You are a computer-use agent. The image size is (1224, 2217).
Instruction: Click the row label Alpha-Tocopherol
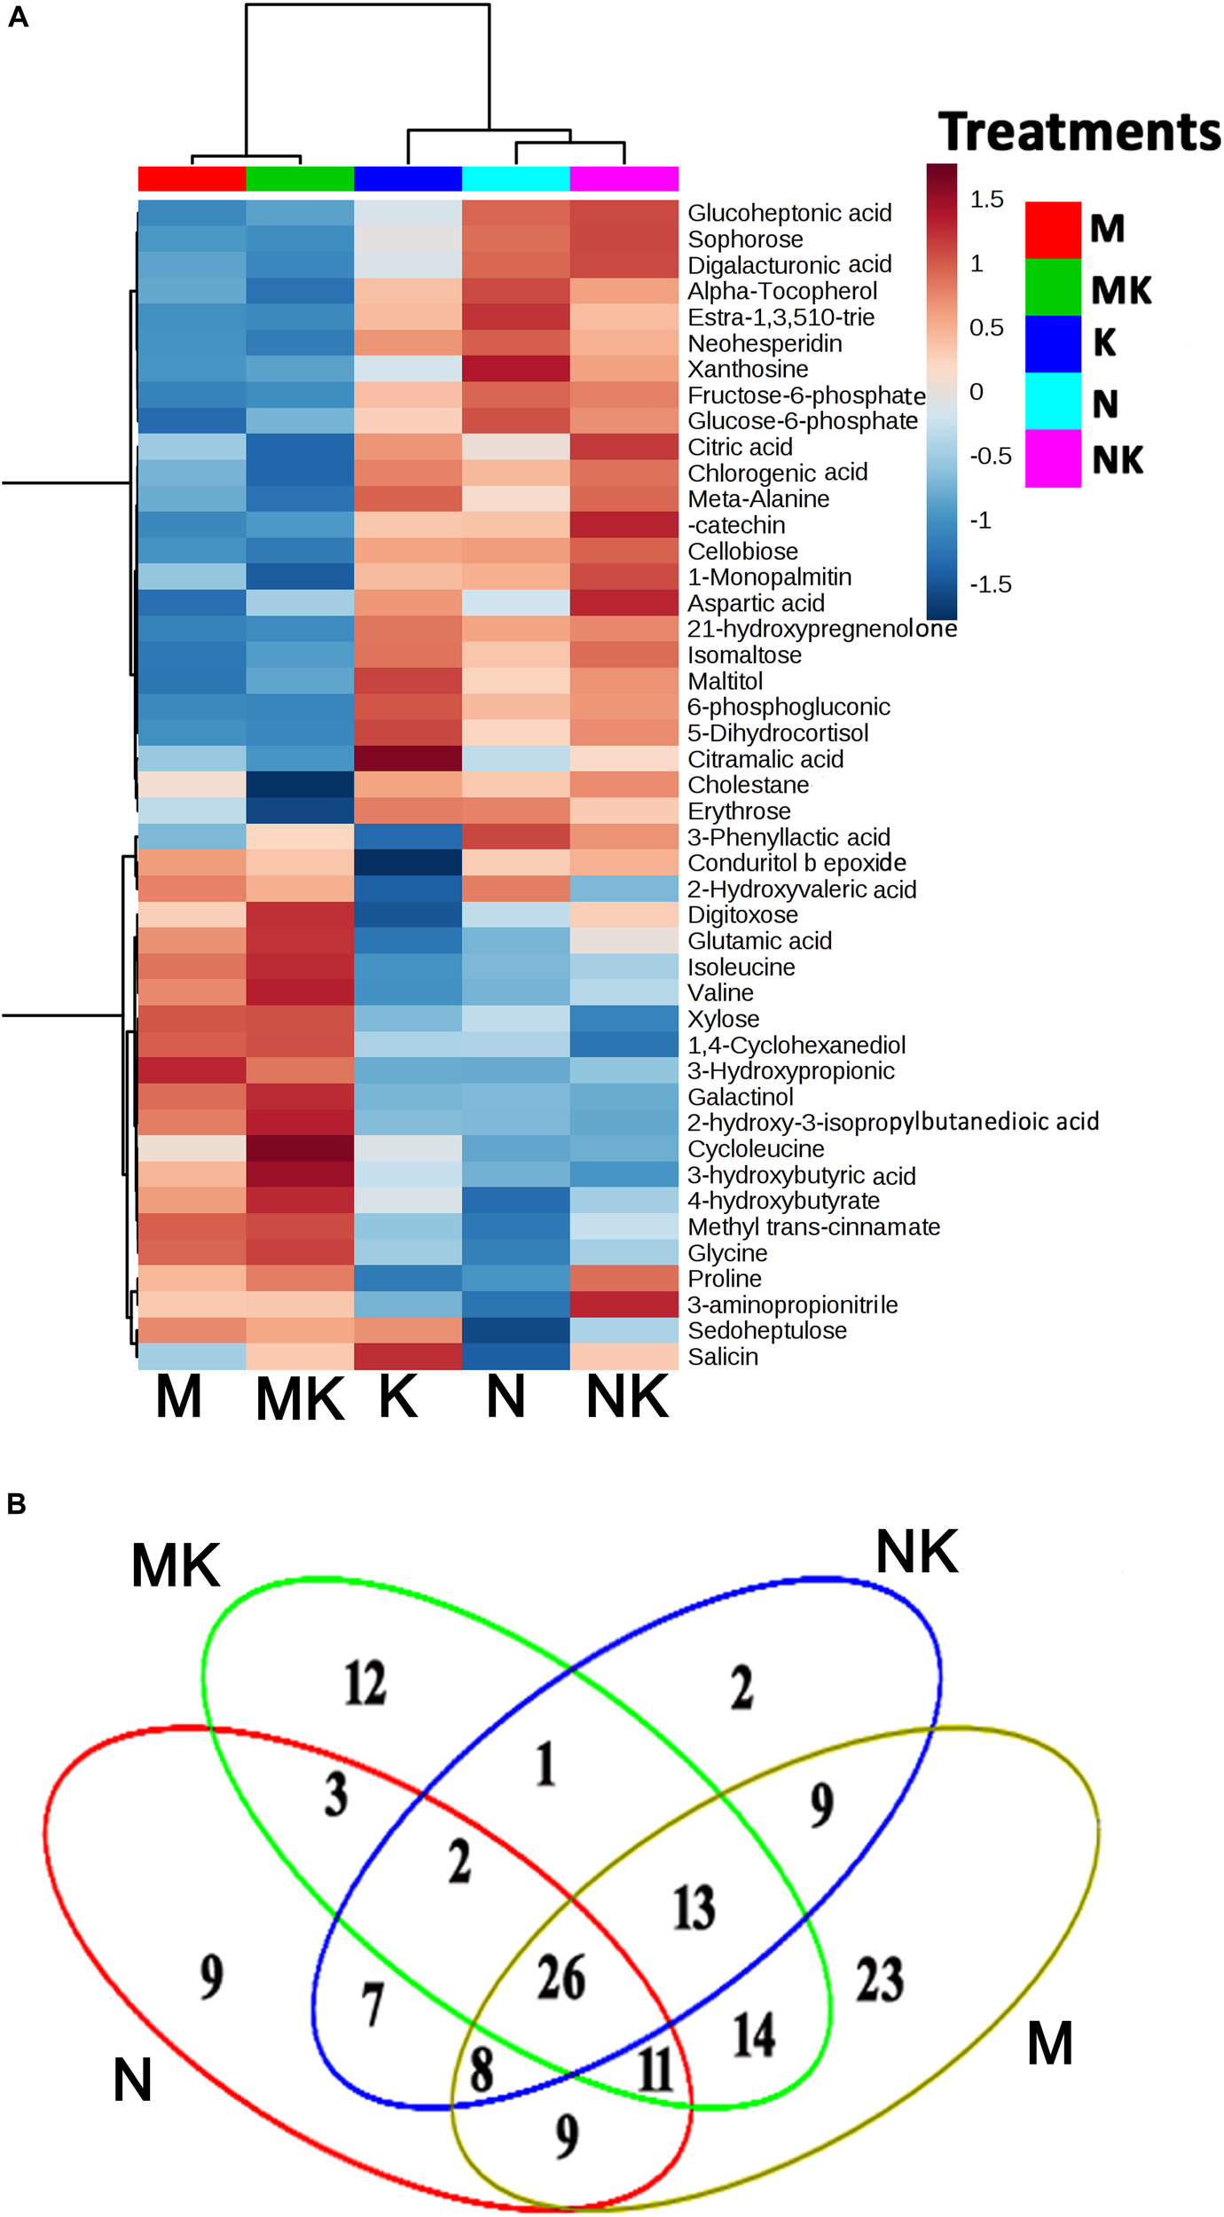click(782, 291)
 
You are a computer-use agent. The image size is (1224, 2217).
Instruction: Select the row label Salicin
click(723, 1357)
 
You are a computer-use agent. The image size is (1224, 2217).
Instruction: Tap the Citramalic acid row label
click(765, 759)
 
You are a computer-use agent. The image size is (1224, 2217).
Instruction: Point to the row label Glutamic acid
click(759, 941)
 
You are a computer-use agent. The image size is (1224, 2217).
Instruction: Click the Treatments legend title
click(1079, 132)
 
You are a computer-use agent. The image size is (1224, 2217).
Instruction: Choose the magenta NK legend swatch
click(1053, 458)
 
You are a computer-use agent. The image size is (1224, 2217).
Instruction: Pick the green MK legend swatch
click(1053, 286)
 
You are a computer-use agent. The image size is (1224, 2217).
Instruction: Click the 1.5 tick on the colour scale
click(986, 200)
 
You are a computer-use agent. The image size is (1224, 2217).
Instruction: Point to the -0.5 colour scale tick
click(990, 457)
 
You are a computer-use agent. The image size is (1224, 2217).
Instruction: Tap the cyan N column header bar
click(515, 178)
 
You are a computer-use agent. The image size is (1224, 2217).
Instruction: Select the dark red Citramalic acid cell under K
click(408, 759)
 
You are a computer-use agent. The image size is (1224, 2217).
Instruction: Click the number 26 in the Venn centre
click(561, 1977)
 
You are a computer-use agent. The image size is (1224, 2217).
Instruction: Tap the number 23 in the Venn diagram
click(879, 1978)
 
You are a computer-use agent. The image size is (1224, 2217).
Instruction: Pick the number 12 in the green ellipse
click(365, 1683)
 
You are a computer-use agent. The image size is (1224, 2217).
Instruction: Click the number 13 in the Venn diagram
click(694, 1907)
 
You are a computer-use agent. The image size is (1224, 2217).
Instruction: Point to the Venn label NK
click(916, 1553)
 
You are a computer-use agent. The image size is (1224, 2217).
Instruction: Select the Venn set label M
click(1050, 2043)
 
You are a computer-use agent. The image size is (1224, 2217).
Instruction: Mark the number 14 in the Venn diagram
click(754, 2034)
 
